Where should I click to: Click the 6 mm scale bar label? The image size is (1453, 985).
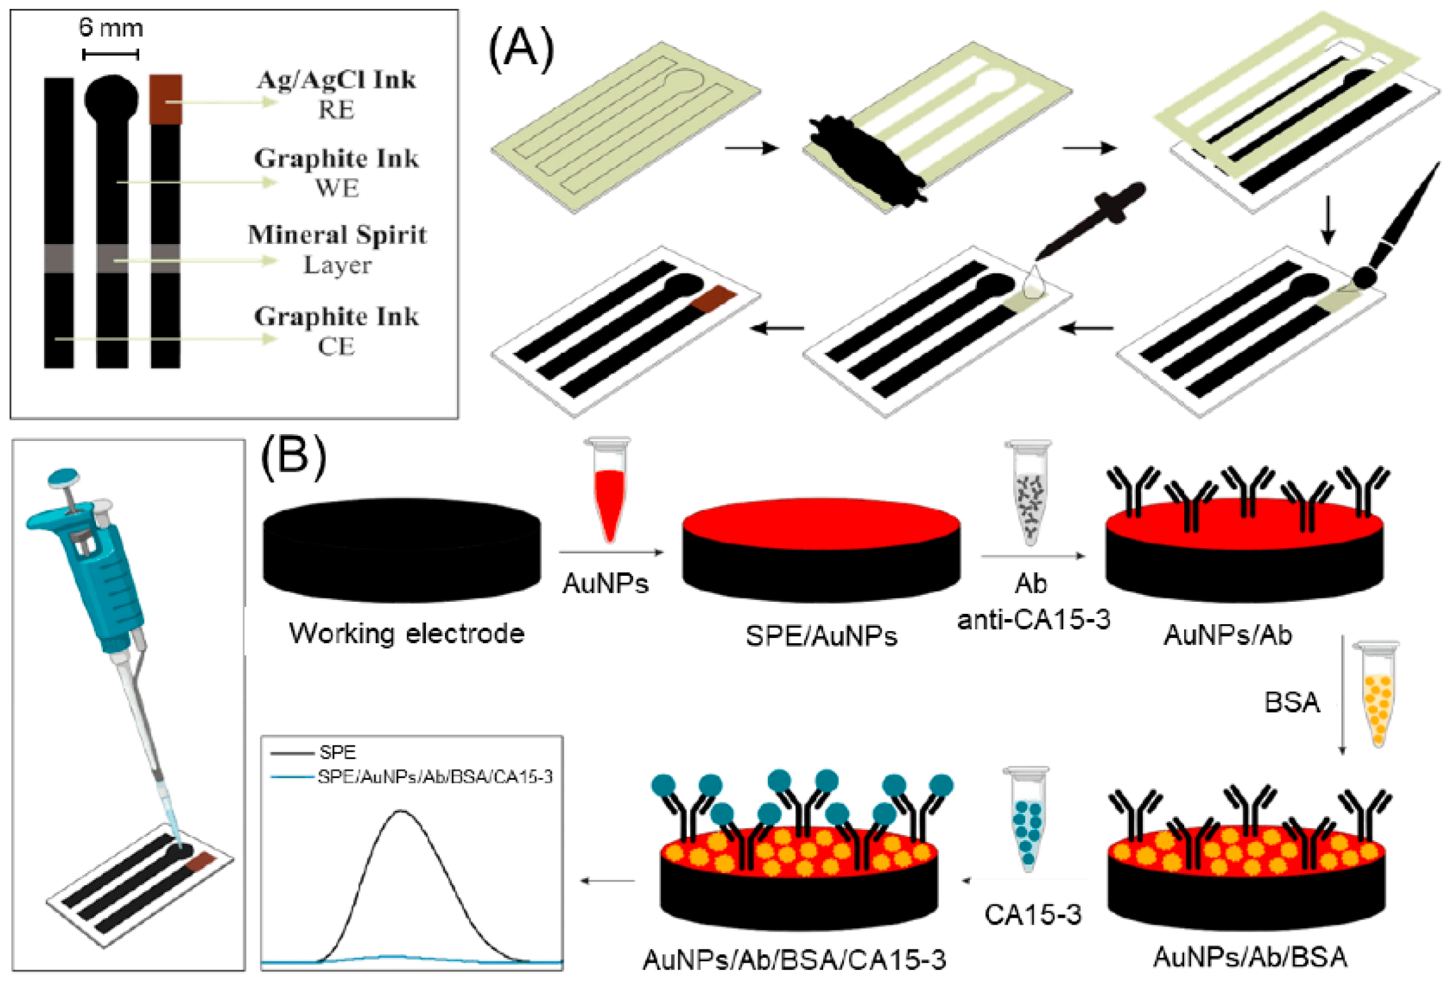[111, 28]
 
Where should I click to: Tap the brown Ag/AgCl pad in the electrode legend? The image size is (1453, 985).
[166, 99]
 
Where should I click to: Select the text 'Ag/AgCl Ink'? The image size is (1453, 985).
[336, 80]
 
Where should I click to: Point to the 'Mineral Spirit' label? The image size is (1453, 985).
[337, 235]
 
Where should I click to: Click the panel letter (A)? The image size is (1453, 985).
[521, 50]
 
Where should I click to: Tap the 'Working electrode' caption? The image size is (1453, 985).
[407, 634]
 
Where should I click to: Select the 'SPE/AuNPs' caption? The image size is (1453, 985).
[821, 636]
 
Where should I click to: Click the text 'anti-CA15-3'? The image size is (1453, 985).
[1033, 619]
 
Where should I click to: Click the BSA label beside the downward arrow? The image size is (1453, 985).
[1292, 703]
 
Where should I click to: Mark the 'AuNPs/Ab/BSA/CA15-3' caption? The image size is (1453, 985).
[794, 960]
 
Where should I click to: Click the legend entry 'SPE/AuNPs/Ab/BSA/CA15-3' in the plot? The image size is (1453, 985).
[435, 777]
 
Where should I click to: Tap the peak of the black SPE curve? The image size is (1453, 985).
[401, 812]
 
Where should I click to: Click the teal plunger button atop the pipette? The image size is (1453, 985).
[64, 477]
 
